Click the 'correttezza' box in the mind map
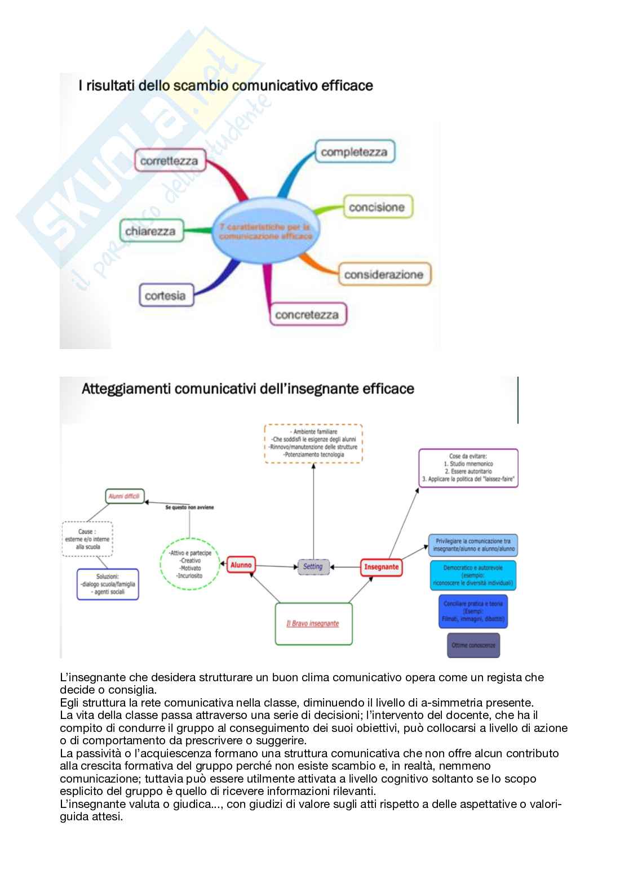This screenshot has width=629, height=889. coord(169,161)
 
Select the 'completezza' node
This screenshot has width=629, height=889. coord(354,152)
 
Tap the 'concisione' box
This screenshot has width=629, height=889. coord(376,207)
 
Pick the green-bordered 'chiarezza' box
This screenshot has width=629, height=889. coord(150,231)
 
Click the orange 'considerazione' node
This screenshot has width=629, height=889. coord(383,275)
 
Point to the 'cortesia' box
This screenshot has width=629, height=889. coord(165,296)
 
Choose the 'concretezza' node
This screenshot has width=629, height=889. coord(307,314)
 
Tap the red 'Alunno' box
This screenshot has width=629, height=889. coord(241,565)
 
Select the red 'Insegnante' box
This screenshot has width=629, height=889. coord(381,567)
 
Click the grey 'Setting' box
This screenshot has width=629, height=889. coord(313,566)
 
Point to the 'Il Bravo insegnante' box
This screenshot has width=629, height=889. coord(313,623)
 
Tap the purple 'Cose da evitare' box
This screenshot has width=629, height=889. coord(468,468)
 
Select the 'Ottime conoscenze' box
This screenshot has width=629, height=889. coord(473,645)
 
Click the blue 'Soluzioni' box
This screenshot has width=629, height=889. coord(108,584)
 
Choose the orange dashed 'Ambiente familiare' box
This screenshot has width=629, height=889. coord(314,443)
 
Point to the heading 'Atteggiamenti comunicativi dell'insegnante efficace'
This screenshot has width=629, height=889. coord(248,389)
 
